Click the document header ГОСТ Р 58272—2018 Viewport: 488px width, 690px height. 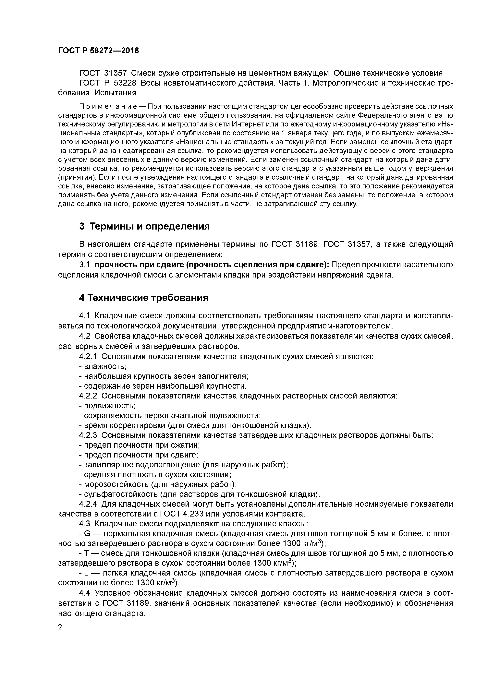[98, 51]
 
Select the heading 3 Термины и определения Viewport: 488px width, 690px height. [144, 226]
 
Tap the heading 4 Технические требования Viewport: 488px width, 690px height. [143, 298]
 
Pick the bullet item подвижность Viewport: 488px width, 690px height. [109, 406]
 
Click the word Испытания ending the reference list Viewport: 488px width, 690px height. [115, 93]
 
